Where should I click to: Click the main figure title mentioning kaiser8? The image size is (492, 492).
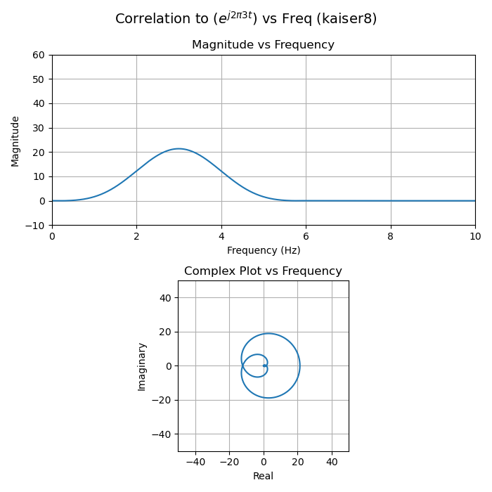tap(246, 19)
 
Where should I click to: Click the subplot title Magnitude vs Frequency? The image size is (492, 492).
tap(263, 45)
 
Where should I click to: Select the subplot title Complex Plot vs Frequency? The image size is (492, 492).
tap(263, 271)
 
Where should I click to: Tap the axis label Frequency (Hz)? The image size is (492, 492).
tap(263, 250)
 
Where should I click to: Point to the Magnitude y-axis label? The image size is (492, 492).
tap(15, 141)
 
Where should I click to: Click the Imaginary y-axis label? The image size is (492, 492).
tap(142, 366)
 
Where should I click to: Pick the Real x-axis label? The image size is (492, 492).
tap(263, 476)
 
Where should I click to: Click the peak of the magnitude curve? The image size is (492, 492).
tap(179, 149)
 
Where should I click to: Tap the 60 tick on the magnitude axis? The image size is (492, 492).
tap(39, 55)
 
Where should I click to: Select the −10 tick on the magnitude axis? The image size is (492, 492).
tap(37, 226)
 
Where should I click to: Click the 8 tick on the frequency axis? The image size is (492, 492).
tap(391, 237)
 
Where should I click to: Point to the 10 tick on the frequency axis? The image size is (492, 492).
tap(475, 237)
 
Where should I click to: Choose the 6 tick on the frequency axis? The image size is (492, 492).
tap(306, 237)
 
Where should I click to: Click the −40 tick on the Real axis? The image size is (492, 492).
tap(195, 462)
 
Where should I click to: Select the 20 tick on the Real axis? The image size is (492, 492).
tap(297, 462)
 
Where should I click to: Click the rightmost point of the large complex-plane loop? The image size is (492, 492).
tap(299, 365)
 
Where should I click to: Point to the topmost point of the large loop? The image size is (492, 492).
tap(268, 334)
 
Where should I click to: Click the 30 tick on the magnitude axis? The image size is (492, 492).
tap(39, 128)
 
